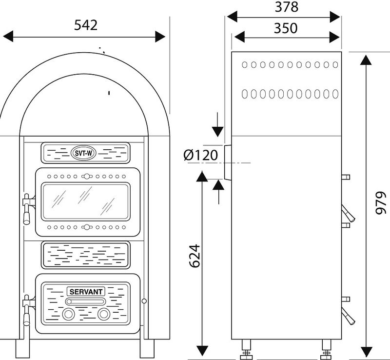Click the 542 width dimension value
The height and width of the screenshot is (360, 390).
click(x=86, y=25)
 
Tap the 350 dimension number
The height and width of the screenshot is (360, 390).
click(x=286, y=28)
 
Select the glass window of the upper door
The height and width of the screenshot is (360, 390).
click(x=85, y=201)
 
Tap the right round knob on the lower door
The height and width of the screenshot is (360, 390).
click(x=103, y=315)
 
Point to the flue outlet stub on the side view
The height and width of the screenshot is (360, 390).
click(x=228, y=162)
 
